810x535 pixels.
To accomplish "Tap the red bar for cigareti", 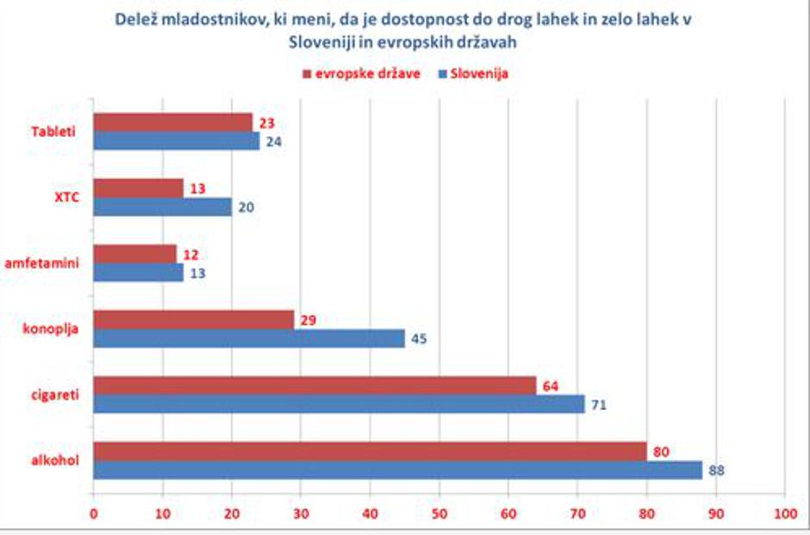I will click(315, 385).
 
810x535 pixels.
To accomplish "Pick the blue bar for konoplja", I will click(249, 339).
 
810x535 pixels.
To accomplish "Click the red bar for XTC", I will click(138, 188).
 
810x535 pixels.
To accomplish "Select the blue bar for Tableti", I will click(176, 141).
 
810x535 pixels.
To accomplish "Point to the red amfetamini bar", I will click(134, 254).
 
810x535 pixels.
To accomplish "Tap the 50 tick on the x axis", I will click(439, 513).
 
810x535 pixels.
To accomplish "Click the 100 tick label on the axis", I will click(783, 513).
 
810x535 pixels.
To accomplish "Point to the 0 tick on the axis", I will click(94, 513).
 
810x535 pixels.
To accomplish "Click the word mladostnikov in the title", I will click(222, 19).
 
